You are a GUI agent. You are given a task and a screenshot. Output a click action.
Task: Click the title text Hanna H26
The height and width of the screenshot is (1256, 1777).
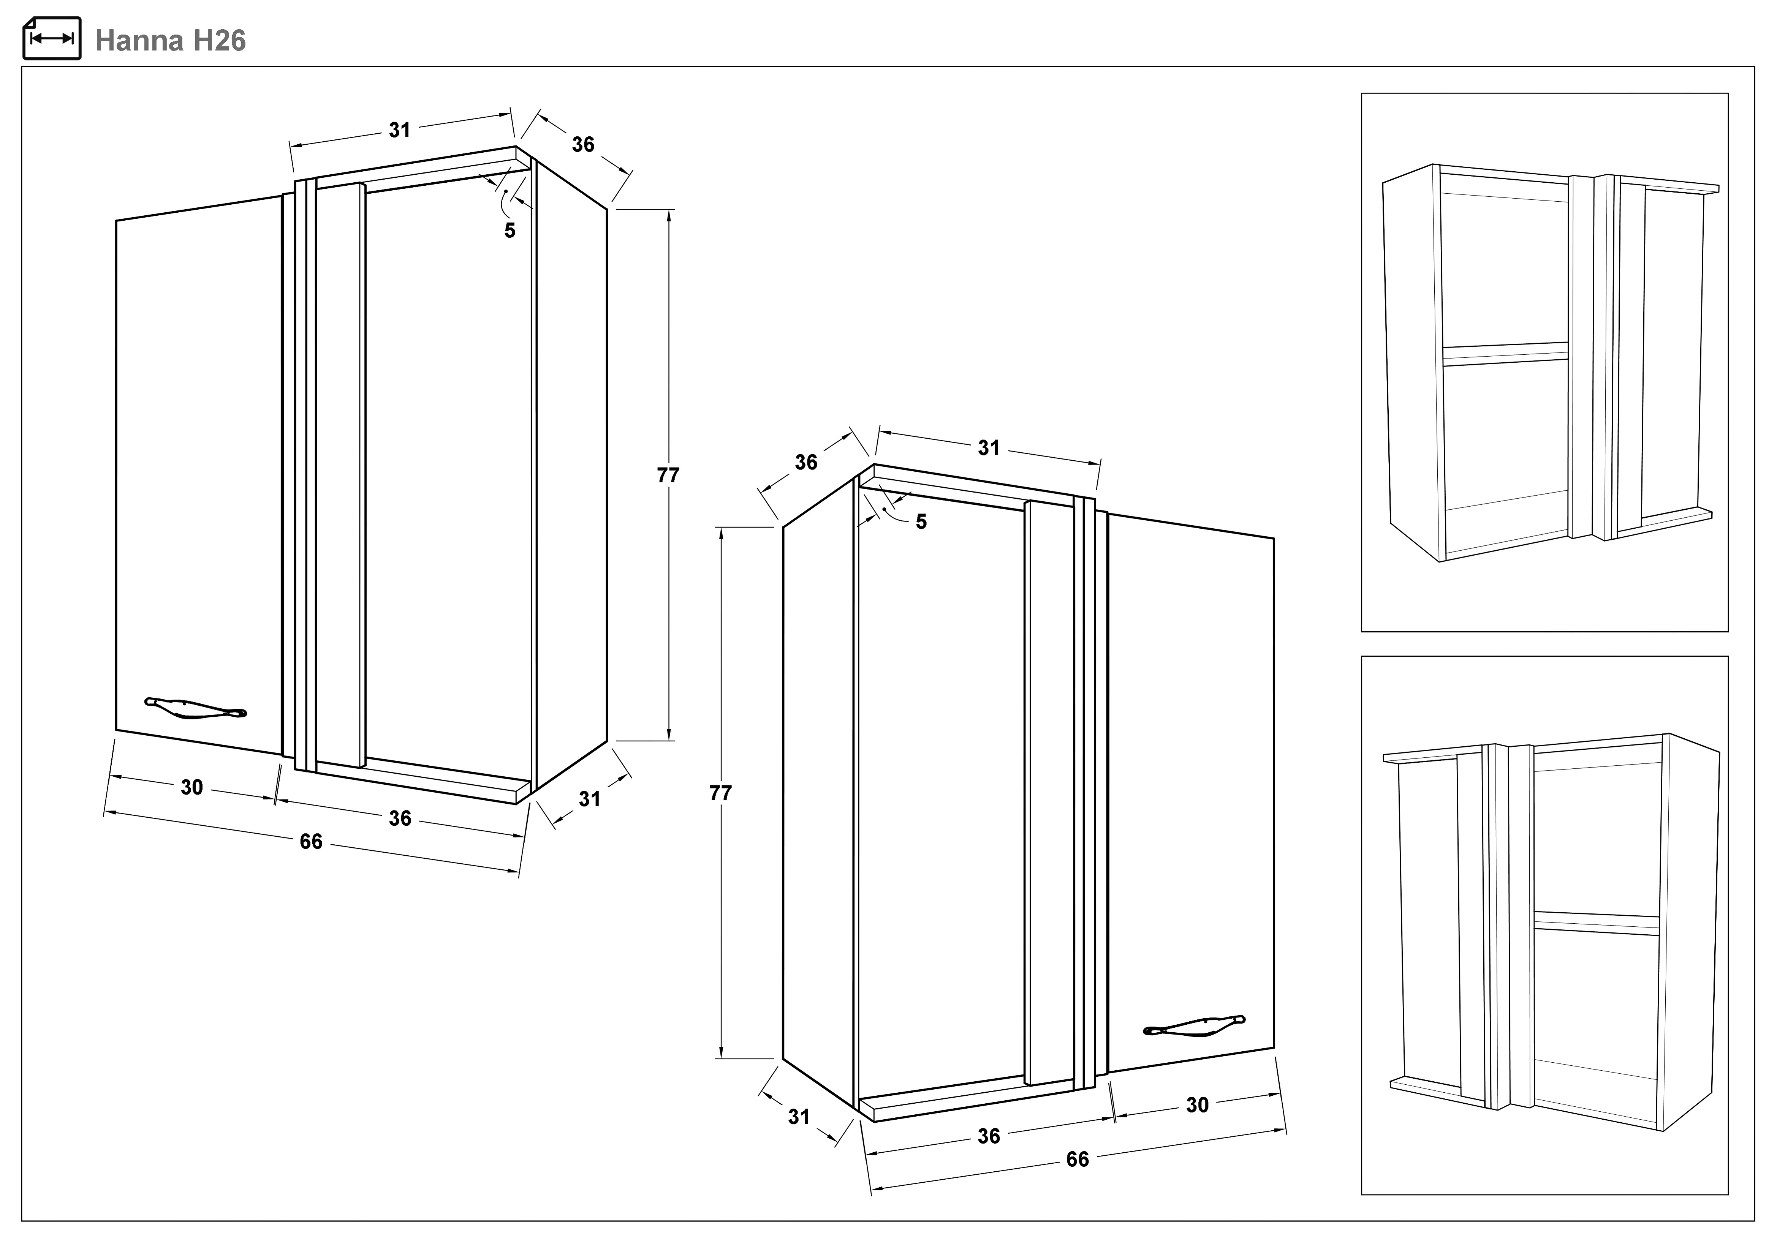tap(170, 40)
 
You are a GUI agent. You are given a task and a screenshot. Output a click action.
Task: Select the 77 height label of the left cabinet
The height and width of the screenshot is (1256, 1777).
tap(668, 475)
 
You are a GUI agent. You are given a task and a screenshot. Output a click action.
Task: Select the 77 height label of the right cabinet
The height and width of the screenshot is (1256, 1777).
tap(720, 793)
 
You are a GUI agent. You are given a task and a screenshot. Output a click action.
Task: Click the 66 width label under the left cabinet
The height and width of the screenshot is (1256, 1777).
tap(311, 841)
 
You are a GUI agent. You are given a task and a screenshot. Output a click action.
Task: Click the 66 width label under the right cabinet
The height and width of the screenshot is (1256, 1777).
tap(1078, 1159)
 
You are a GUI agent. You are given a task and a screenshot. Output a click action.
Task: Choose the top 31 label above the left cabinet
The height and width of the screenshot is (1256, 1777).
tap(399, 130)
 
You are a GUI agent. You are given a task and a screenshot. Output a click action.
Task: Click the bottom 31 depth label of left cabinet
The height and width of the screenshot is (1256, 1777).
tap(590, 799)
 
